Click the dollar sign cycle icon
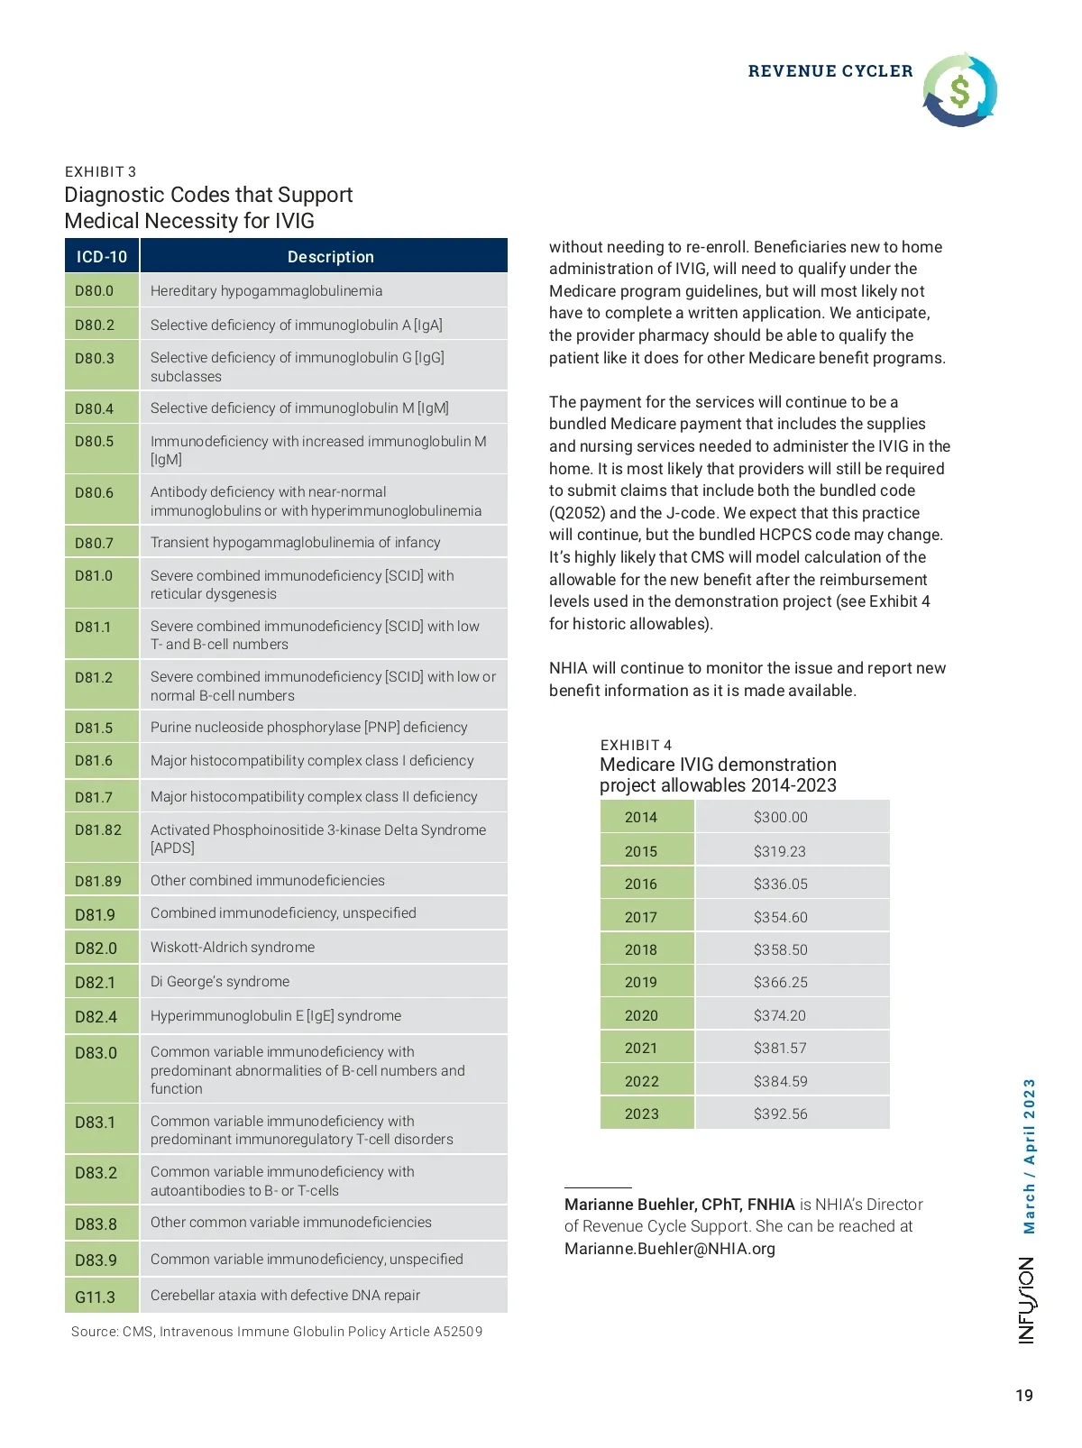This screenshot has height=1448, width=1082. point(959,89)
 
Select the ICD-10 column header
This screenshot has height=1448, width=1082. point(102,257)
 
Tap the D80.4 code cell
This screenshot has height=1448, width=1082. point(95,408)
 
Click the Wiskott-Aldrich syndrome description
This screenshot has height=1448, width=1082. point(233,948)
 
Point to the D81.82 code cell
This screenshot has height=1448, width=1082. point(98,829)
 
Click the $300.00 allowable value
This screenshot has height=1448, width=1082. point(781,818)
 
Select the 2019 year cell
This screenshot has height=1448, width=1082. point(641,983)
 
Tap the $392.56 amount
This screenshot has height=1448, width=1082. point(781,1114)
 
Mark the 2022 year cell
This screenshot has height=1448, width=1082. point(641,1081)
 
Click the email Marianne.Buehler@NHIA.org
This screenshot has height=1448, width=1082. point(670,1249)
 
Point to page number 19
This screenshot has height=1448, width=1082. point(1024,1396)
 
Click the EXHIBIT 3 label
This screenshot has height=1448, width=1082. point(101,172)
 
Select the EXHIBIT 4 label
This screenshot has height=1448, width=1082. point(637,745)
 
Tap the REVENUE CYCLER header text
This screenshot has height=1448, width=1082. point(830,71)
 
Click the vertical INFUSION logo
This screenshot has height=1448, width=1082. point(1027,1300)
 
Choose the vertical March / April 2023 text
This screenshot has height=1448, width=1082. point(1029,1156)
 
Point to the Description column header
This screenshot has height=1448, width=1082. point(330,257)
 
